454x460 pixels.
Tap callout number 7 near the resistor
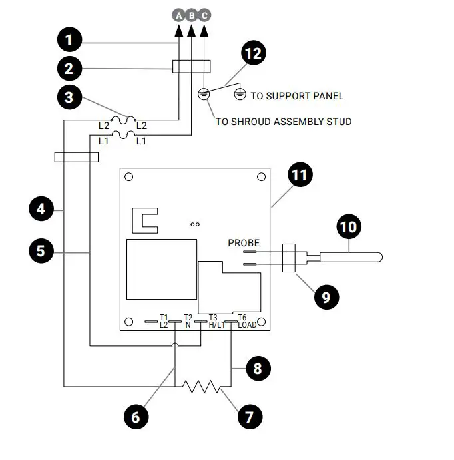250,417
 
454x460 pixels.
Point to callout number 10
348,227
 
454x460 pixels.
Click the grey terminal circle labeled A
178,14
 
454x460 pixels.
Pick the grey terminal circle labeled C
204,14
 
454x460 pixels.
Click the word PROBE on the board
244,242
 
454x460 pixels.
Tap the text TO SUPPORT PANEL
297,96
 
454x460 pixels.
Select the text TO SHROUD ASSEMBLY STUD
284,122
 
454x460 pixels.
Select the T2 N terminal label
188,321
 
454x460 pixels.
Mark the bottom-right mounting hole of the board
262,322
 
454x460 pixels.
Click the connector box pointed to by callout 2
192,67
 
